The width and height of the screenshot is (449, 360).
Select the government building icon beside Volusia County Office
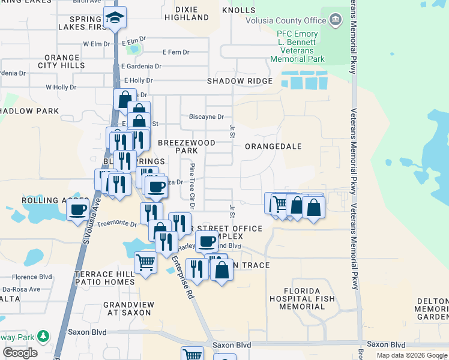point(336,20)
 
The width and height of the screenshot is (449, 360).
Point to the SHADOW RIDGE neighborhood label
point(240,80)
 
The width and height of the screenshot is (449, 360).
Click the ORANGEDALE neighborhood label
point(273,146)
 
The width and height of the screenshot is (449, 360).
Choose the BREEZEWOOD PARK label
point(186,146)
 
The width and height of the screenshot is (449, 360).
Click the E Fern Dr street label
point(176,52)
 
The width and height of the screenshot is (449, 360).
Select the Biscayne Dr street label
point(206,116)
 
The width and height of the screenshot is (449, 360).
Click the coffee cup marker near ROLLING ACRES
point(78,210)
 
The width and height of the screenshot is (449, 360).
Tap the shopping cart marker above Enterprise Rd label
point(145,262)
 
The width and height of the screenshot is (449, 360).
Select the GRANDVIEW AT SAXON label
point(128,309)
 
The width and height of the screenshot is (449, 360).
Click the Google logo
point(20,353)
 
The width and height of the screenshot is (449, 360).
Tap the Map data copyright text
point(412,355)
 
